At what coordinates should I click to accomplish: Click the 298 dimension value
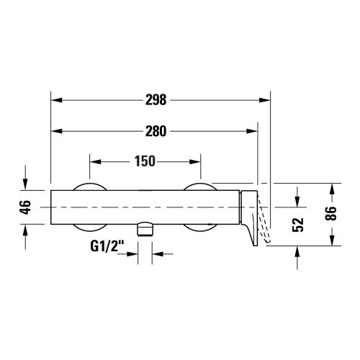tap(156, 100)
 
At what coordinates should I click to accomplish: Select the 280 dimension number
tap(156, 131)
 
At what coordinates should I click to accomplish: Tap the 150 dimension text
tap(145, 161)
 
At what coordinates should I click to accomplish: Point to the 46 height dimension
tap(25, 207)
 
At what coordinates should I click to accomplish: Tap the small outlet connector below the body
tap(146, 230)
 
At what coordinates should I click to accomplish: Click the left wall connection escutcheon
tap(90, 207)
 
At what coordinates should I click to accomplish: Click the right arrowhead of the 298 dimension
tap(264, 100)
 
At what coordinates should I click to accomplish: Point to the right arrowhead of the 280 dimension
tap(253, 131)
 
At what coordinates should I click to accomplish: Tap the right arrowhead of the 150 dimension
tap(197, 161)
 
